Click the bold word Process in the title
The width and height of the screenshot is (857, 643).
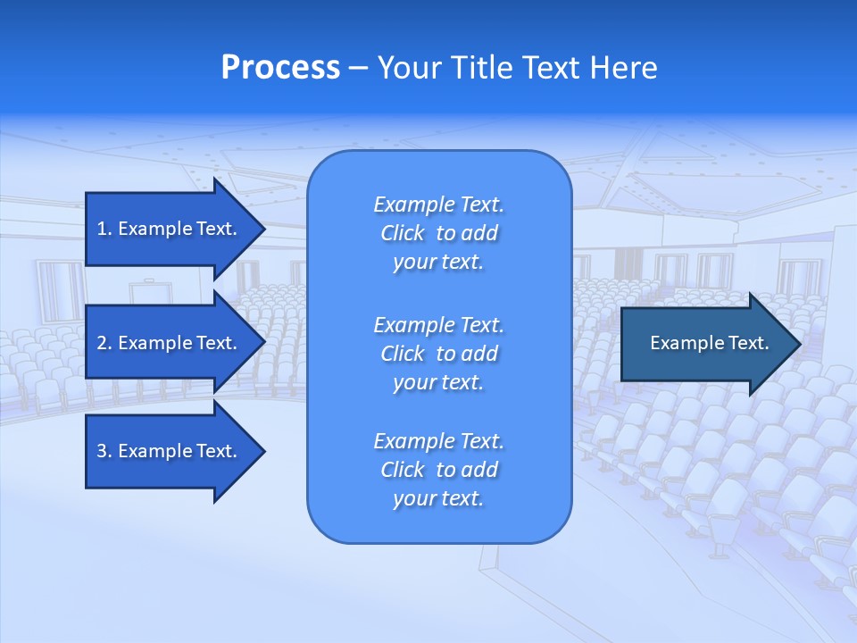(280, 68)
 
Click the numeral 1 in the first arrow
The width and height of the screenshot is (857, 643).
(102, 229)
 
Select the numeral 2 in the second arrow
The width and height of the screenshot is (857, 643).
(102, 343)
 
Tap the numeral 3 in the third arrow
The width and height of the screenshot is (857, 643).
(102, 451)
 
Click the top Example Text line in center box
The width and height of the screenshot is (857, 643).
(438, 205)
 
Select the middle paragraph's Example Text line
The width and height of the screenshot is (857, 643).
(438, 324)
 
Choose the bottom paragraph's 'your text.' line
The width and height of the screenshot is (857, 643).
(438, 498)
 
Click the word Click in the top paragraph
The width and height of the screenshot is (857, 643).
(402, 233)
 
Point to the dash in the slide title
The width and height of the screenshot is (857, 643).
(358, 68)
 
